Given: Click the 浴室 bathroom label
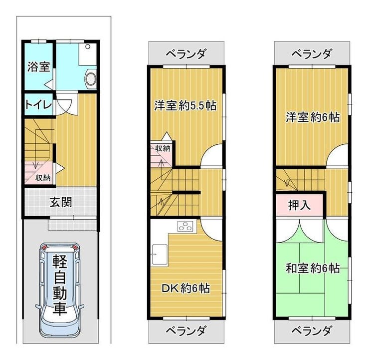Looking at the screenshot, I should point(38,66).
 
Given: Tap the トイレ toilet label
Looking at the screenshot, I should point(38,105).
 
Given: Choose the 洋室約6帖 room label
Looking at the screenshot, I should point(313,117).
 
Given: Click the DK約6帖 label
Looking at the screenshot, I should point(185,288).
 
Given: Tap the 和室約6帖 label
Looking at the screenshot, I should point(313,268).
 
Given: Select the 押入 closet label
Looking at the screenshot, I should point(300,205).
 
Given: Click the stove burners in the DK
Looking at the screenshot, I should point(185,227).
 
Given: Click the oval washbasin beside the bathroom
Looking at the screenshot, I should point(91,78).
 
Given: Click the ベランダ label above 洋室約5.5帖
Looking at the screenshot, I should point(185,53).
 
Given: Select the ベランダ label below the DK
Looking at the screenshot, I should point(185,331).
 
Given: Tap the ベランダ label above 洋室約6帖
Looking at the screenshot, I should point(312,53).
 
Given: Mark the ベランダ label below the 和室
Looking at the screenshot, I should point(312,331).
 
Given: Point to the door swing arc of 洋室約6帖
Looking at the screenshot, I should point(337,156).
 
